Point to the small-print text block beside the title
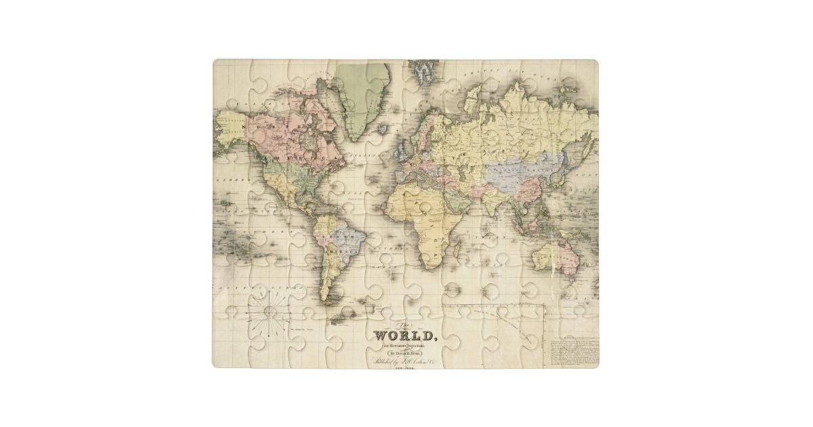click(x=575, y=350)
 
